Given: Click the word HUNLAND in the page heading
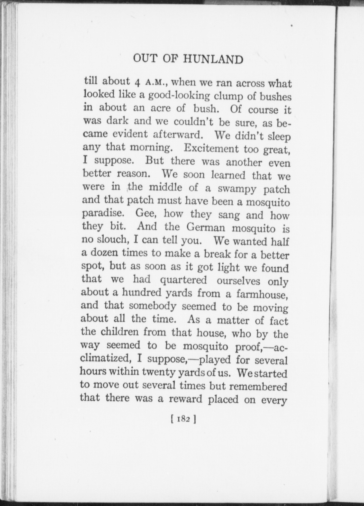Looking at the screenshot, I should (213, 60).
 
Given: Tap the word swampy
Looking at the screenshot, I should (236, 189).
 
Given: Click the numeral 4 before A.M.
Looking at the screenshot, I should (137, 83).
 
